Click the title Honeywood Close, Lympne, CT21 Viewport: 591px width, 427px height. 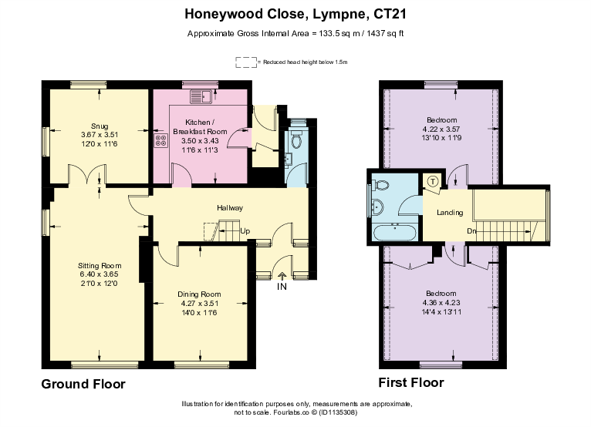click(295, 13)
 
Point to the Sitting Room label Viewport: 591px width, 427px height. click(101, 266)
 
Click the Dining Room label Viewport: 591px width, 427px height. click(200, 294)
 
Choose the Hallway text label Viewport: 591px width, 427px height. click(230, 208)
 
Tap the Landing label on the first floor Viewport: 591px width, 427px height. click(450, 213)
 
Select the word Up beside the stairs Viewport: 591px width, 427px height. click(245, 230)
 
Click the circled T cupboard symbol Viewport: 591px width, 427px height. click(432, 182)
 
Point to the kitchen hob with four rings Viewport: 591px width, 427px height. click(162, 140)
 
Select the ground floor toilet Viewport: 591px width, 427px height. click(296, 140)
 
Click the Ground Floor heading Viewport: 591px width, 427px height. click(83, 384)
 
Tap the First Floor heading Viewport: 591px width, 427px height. click(411, 383)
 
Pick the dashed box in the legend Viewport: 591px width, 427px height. click(245, 62)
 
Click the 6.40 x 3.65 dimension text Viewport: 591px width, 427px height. click(101, 275)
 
